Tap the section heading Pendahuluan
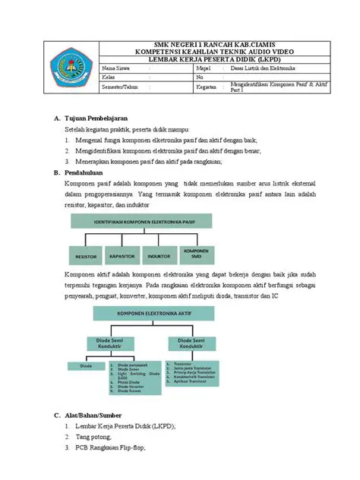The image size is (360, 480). pyautogui.click(x=84, y=172)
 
